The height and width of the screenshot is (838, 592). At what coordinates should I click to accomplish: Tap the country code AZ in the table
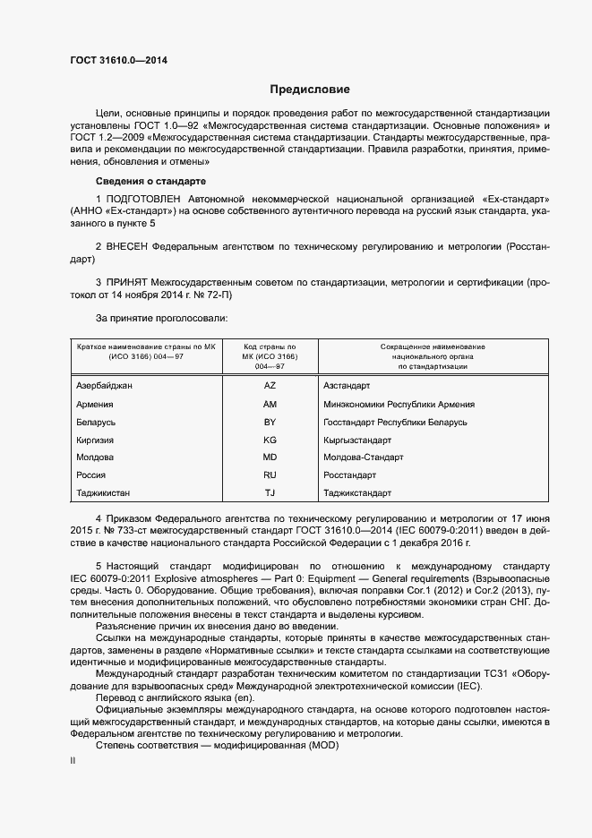[x=270, y=385]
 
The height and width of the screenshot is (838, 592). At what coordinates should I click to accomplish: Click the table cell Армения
[x=94, y=404]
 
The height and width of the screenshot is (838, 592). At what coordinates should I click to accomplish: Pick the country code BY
[x=270, y=422]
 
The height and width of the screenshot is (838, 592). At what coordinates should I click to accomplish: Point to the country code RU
[x=270, y=475]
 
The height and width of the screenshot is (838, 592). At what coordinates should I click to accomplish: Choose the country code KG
[x=270, y=440]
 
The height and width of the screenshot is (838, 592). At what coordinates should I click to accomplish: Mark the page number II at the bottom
[x=73, y=761]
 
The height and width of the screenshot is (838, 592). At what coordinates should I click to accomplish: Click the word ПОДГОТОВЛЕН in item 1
[x=144, y=197]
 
